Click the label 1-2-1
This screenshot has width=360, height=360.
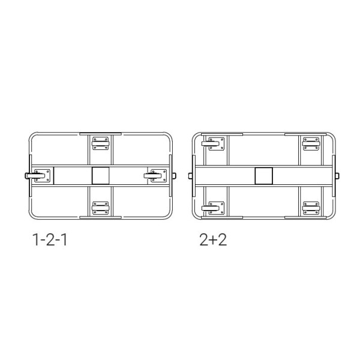(x=52, y=241)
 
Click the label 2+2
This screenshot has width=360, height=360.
(x=213, y=241)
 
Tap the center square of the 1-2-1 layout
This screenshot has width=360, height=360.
(x=101, y=175)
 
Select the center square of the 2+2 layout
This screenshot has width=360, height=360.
(x=263, y=176)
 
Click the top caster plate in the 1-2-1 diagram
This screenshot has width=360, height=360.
(x=101, y=143)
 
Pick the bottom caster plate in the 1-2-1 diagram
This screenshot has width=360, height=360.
(x=101, y=208)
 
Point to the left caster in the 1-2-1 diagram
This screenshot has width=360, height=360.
(x=40, y=175)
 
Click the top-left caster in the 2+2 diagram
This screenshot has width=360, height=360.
(x=215, y=143)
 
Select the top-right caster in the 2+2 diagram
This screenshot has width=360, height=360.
(x=311, y=143)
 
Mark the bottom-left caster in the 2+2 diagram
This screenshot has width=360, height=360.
(x=215, y=208)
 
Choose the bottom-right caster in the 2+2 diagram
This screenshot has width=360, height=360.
(x=311, y=208)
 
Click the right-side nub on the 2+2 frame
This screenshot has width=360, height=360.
(x=338, y=175)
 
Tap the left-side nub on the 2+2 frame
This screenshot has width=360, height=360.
(x=190, y=175)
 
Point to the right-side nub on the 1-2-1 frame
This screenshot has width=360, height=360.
(x=174, y=175)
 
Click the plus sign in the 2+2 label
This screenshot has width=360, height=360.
(x=213, y=242)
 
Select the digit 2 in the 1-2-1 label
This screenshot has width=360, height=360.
(x=52, y=241)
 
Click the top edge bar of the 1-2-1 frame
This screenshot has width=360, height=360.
(x=101, y=133)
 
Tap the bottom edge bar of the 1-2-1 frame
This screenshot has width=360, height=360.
(x=101, y=218)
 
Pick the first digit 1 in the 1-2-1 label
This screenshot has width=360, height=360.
(x=37, y=241)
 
